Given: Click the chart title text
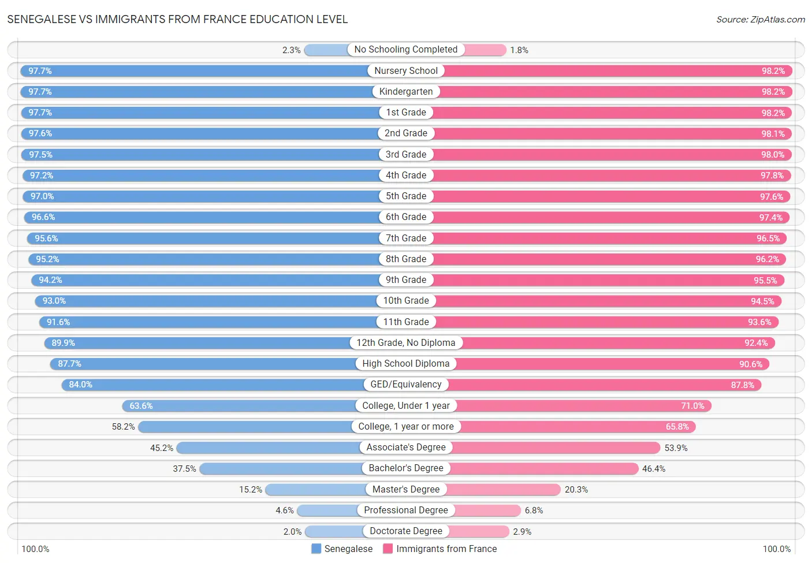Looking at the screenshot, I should tap(177, 20).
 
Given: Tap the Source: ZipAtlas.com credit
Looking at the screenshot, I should tap(760, 20).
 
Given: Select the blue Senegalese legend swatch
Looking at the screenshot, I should tap(316, 549).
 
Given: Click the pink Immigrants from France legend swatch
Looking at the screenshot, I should tap(388, 549).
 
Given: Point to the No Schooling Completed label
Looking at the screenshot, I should tap(405, 50).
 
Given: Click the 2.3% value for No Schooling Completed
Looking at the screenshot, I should tap(291, 50).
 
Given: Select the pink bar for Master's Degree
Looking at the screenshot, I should tap(503, 490).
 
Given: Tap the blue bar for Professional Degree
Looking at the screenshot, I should tap(328, 510).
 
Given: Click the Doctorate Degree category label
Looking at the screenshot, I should tap(405, 531).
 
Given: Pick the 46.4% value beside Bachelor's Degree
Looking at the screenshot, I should tap(653, 469).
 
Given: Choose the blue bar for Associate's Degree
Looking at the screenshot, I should tap(268, 448).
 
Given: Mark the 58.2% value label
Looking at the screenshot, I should tap(123, 427).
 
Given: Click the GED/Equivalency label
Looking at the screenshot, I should tap(405, 385).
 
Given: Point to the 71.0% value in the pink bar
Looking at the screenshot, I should tap(692, 406).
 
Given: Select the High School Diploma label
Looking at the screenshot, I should tap(405, 364).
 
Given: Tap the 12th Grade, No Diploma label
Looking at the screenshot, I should tap(405, 343).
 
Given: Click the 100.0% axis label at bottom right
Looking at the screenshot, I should tap(776, 549).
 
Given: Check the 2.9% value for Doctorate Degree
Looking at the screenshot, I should tap(522, 532).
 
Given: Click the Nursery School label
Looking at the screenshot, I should tap(405, 71).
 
